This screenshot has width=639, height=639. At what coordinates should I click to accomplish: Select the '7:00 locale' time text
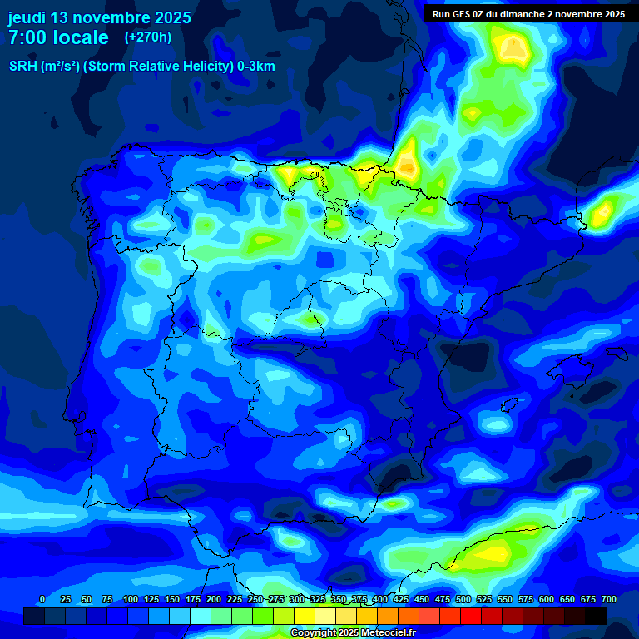click(x=58, y=37)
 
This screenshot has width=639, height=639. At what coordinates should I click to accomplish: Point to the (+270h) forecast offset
click(x=148, y=37)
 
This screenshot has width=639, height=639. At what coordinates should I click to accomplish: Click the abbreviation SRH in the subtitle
click(x=22, y=67)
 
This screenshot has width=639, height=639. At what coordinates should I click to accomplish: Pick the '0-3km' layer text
click(x=256, y=67)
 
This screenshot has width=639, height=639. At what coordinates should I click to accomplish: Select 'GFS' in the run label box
click(x=463, y=14)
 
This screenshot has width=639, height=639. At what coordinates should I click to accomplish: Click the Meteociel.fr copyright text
click(x=353, y=633)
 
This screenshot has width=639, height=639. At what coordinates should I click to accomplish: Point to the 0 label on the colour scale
click(x=42, y=599)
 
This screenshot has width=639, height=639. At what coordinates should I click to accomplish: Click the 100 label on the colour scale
click(x=131, y=599)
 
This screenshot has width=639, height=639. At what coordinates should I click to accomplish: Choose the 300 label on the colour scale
click(x=297, y=599)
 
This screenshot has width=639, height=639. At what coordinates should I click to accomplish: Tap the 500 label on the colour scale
click(x=463, y=599)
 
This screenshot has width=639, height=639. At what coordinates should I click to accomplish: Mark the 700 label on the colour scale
click(x=609, y=599)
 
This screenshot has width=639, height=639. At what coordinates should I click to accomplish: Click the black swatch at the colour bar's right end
click(x=596, y=616)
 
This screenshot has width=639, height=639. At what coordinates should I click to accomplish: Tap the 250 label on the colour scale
click(x=255, y=599)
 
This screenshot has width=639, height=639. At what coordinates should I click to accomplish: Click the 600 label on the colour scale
click(x=547, y=599)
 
